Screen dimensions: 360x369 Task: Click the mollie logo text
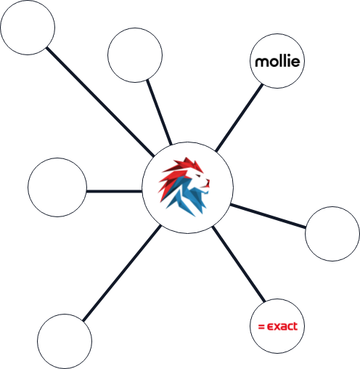click(277, 62)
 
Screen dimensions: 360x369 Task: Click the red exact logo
click(278, 326)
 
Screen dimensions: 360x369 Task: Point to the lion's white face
click(199, 179)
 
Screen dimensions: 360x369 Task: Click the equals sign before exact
click(261, 327)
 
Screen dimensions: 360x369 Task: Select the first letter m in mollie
click(261, 62)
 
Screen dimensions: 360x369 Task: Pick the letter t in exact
click(295, 326)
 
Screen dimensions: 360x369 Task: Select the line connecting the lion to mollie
click(239, 118)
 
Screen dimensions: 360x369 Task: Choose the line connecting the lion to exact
click(239, 264)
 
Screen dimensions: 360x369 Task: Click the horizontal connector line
click(114, 191)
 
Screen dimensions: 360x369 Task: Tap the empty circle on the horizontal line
click(57, 187)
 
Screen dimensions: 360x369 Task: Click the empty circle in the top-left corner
click(28, 28)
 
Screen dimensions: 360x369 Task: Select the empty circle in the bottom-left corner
click(65, 341)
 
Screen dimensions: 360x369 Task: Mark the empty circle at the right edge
click(332, 234)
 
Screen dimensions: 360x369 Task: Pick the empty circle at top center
click(135, 55)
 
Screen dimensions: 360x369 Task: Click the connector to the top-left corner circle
click(100, 102)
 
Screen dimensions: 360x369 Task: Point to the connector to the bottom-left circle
click(122, 273)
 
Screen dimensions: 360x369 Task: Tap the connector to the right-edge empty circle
click(268, 216)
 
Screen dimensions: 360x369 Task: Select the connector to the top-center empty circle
click(160, 112)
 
